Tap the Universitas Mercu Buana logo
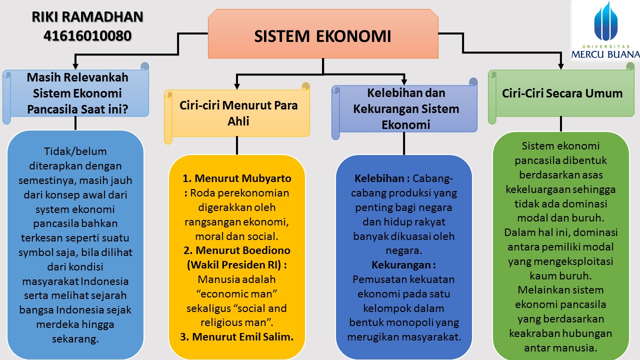606,30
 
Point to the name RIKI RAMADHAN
87,17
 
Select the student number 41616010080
87,35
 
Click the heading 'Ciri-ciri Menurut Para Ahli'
238,113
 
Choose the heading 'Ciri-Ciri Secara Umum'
562,93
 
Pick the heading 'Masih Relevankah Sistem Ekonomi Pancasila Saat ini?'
77,93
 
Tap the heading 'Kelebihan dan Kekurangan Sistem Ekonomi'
405,108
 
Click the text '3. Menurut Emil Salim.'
236,337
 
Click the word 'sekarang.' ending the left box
75,338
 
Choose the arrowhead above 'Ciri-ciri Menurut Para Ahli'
237,81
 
